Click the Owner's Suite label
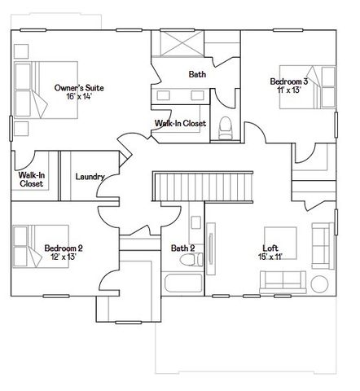pyautogui.click(x=79, y=88)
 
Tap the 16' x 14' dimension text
pyautogui.click(x=79, y=96)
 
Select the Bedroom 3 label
pyautogui.click(x=289, y=81)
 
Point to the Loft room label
pyautogui.click(x=270, y=248)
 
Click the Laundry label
pyautogui.click(x=90, y=177)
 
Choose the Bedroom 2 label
pyautogui.click(x=64, y=248)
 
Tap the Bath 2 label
pyautogui.click(x=182, y=248)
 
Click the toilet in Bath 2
pyautogui.click(x=191, y=259)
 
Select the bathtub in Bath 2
pyautogui.click(x=183, y=283)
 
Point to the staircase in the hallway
pyautogui.click(x=203, y=187)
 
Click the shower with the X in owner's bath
pyautogui.click(x=182, y=43)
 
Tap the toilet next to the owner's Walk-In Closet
pyautogui.click(x=226, y=128)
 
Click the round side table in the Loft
pyautogui.click(x=319, y=284)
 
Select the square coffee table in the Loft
pyautogui.click(x=280, y=243)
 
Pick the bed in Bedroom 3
pyautogui.click(x=307, y=87)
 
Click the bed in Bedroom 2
pyautogui.click(x=41, y=246)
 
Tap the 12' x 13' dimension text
pyautogui.click(x=64, y=257)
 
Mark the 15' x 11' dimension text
pyautogui.click(x=270, y=257)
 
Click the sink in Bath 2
pyautogui.click(x=195, y=222)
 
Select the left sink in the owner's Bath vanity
pyautogui.click(x=164, y=95)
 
